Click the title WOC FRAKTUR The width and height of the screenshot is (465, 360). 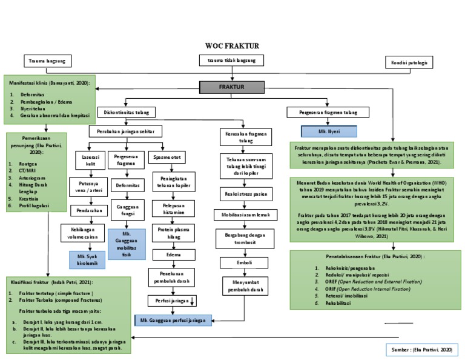232,45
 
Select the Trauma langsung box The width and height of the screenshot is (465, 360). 47,61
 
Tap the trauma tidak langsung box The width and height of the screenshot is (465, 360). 232,61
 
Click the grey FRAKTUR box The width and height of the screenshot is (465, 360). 232,87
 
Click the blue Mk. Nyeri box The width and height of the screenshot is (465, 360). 329,130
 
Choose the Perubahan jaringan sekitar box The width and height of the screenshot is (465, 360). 125,131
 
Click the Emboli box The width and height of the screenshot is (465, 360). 244,263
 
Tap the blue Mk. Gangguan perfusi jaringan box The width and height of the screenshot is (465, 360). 173,319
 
